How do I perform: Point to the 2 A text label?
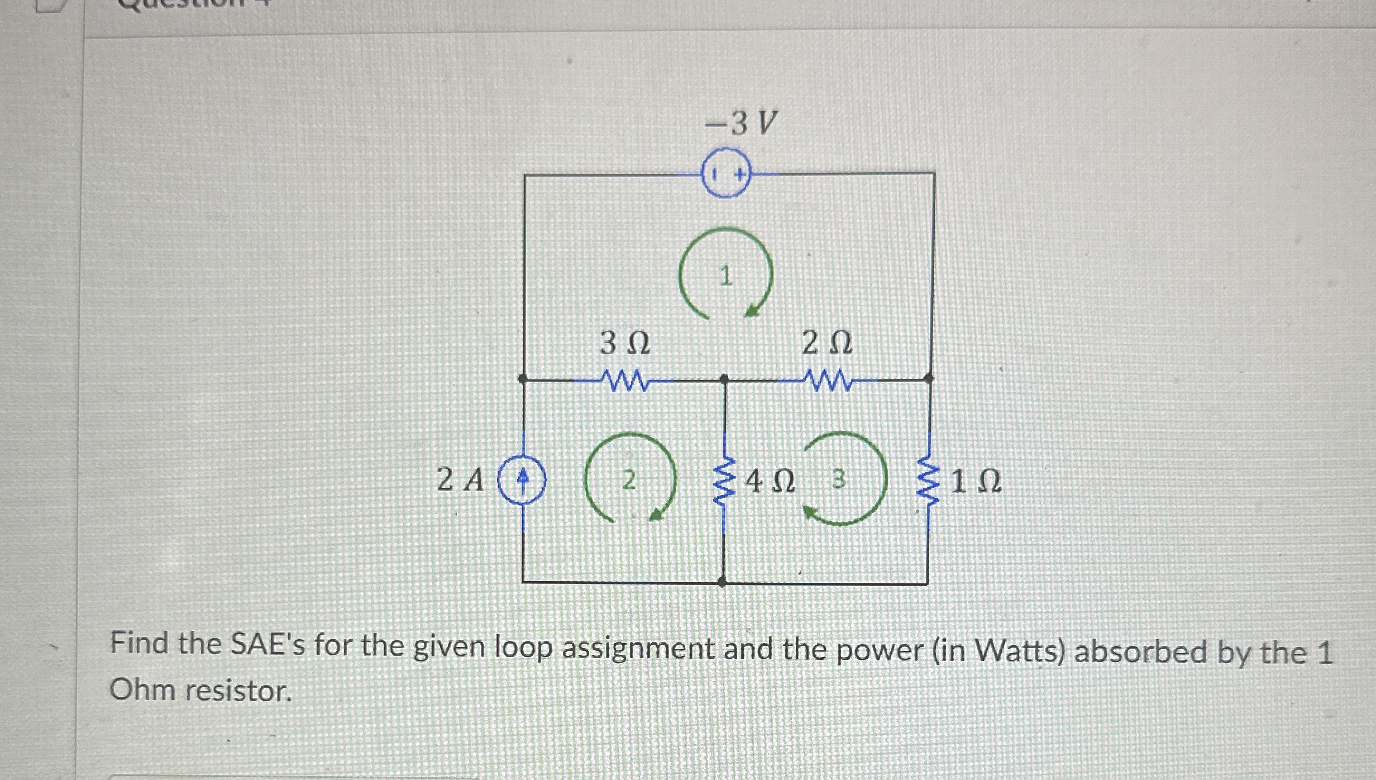click(460, 480)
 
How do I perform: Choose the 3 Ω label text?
click(625, 343)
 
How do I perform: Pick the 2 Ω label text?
click(827, 343)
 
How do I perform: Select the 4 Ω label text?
click(771, 481)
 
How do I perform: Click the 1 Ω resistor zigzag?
click(928, 481)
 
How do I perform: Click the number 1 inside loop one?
click(725, 276)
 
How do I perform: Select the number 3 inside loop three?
click(839, 479)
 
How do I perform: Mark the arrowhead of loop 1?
click(752, 310)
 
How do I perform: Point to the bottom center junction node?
click(723, 582)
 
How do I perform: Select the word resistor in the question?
click(239, 691)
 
